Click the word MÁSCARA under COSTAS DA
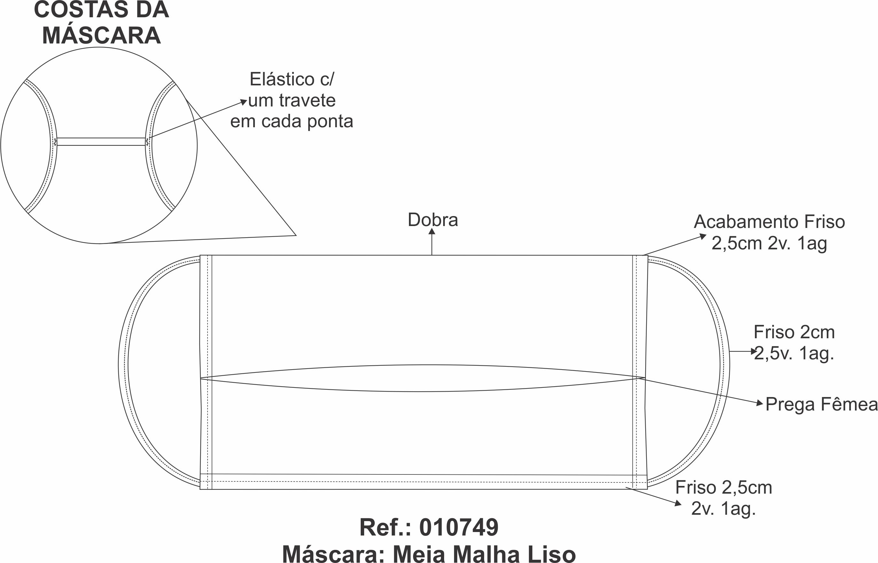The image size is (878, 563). point(101,35)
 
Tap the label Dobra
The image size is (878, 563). point(433,220)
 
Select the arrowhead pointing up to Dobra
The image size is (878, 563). point(432,231)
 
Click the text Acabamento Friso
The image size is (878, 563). point(769,222)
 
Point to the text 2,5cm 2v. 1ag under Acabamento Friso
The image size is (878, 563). point(769,244)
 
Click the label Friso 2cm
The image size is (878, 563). point(794,332)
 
